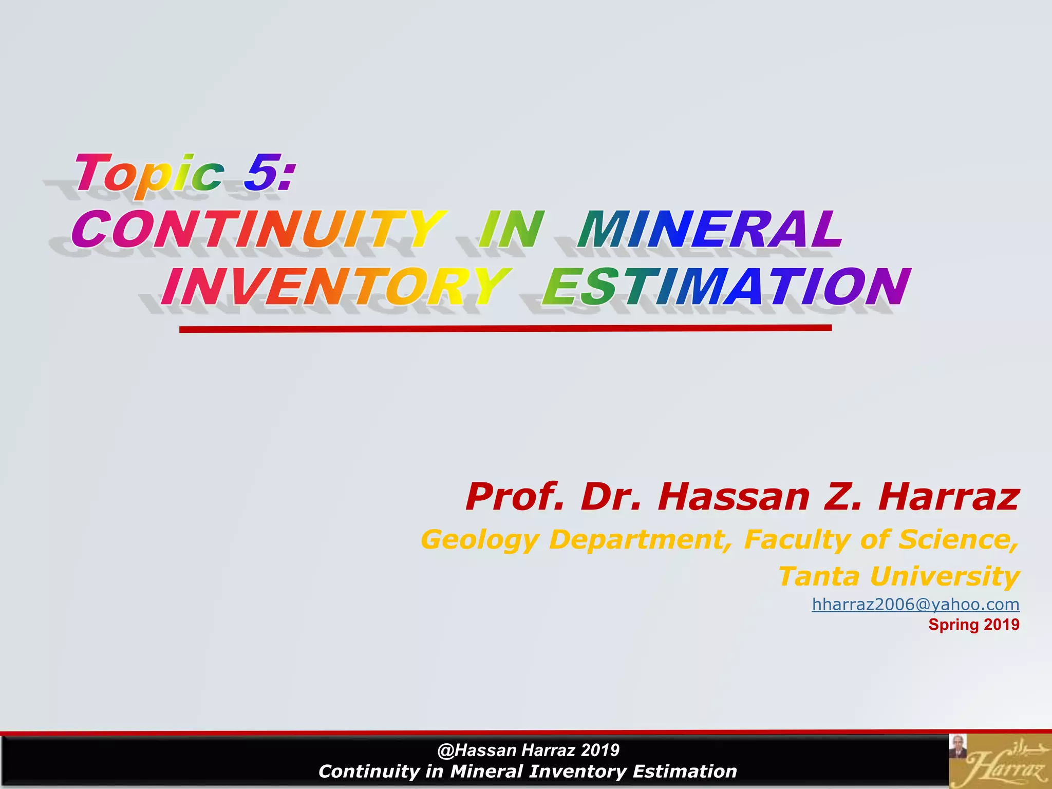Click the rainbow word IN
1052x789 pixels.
point(511,229)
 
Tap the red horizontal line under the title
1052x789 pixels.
point(505,328)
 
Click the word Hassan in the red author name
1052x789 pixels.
point(734,497)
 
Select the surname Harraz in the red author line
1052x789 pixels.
point(949,497)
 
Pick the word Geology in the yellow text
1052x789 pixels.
point(480,540)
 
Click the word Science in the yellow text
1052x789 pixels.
point(958,540)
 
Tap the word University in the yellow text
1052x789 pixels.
point(945,576)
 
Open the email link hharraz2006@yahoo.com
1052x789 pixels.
point(915,605)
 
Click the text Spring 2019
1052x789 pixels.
point(973,625)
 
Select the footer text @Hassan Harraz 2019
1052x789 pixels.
point(528,750)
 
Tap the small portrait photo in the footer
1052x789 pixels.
point(958,746)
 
